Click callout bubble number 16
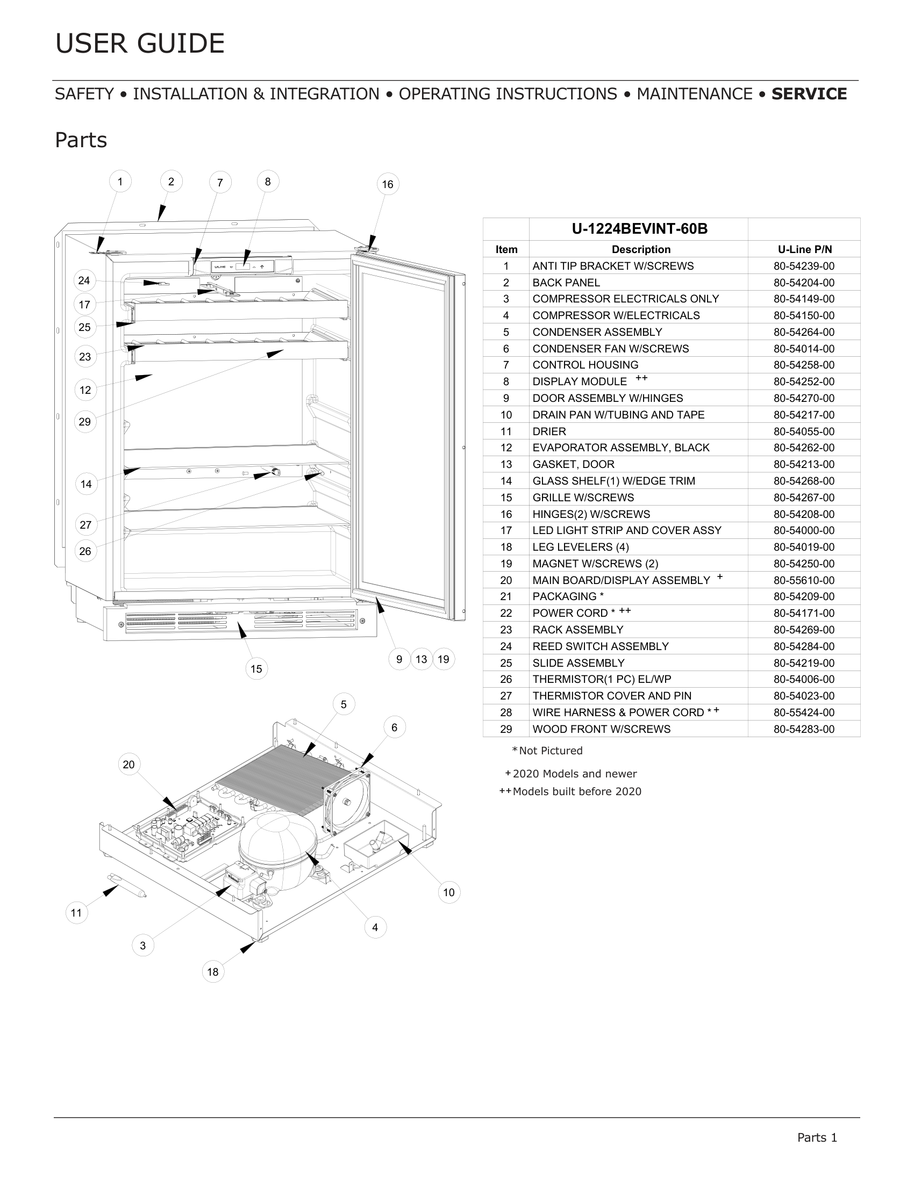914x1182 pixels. (x=388, y=184)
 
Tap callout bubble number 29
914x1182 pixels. (x=85, y=422)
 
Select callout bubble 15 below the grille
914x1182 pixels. (x=256, y=669)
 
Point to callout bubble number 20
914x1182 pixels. (x=129, y=765)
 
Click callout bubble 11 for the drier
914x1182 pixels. (x=76, y=913)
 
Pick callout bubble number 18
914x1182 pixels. (x=213, y=972)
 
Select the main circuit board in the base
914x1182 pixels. (x=178, y=828)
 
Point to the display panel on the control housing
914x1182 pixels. (x=243, y=266)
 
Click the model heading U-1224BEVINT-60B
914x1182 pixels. (x=639, y=229)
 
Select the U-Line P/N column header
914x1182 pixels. (x=805, y=249)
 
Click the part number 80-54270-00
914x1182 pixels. (x=804, y=398)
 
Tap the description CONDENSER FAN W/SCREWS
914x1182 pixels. (x=611, y=349)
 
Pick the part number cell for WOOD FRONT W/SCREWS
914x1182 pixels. (x=804, y=729)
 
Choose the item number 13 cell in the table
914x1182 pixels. (x=506, y=464)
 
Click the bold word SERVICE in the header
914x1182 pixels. (x=809, y=94)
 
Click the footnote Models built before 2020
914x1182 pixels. (x=577, y=792)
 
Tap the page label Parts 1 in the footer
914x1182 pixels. (x=817, y=1137)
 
